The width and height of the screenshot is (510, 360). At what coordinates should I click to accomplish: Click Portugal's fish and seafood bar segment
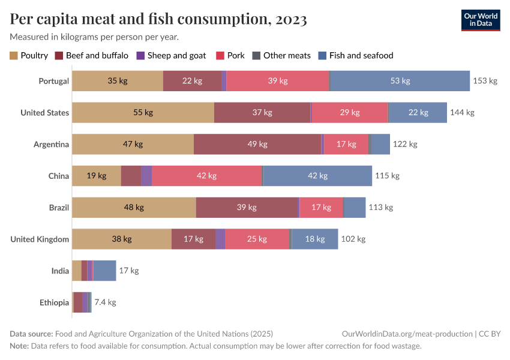tap(400, 81)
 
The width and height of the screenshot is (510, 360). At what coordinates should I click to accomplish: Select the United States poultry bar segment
tap(143, 113)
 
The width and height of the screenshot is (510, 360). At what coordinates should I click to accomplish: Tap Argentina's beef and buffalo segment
tap(257, 145)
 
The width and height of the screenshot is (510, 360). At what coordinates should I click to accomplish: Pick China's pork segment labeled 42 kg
tap(206, 176)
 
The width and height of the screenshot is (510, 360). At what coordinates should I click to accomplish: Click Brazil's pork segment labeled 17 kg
tap(321, 208)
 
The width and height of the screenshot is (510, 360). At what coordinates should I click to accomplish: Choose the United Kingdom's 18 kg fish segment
tap(314, 239)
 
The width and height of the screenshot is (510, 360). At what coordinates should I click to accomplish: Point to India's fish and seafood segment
tap(104, 271)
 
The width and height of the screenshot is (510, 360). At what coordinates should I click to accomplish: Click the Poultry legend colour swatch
tap(14, 56)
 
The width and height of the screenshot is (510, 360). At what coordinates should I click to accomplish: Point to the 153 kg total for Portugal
tap(485, 81)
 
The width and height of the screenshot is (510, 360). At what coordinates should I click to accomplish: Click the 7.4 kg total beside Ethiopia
tap(105, 302)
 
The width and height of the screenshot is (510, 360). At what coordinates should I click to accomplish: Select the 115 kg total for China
tap(387, 176)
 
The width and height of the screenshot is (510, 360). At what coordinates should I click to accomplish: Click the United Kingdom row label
tap(40, 239)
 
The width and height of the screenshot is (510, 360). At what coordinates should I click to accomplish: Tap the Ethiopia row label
tap(54, 302)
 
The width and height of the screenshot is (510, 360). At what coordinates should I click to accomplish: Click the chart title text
tap(158, 19)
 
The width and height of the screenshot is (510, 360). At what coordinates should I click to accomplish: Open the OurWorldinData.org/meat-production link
tap(406, 334)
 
